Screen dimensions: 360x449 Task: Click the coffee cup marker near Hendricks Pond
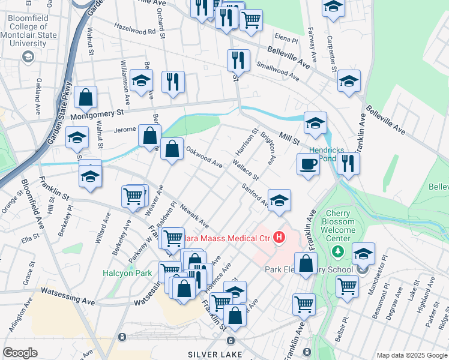[x=309, y=164]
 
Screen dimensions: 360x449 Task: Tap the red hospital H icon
[x=279, y=238]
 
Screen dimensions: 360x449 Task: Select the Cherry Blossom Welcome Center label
[x=342, y=226]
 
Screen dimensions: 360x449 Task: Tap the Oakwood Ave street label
[x=204, y=158]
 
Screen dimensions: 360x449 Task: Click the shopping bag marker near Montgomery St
[x=86, y=97]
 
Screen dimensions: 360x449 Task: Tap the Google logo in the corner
[x=20, y=353]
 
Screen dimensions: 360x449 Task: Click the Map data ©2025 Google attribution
[x=412, y=355]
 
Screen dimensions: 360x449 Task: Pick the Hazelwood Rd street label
[x=135, y=30]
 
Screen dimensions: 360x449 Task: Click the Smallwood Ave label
[x=277, y=71]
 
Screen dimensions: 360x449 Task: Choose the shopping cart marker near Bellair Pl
[x=347, y=286]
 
